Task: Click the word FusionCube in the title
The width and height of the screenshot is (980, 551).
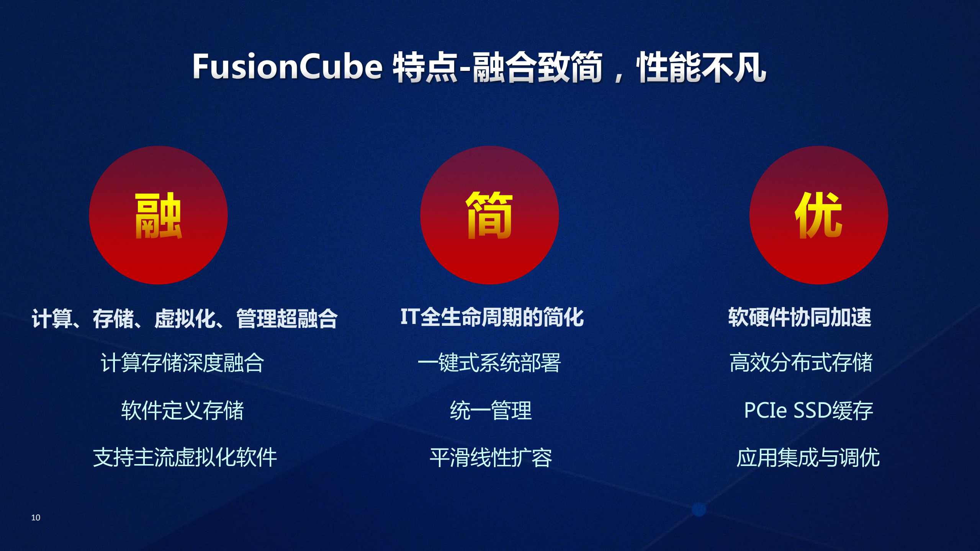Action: [x=287, y=67]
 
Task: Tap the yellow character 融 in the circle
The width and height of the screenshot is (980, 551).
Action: [x=158, y=216]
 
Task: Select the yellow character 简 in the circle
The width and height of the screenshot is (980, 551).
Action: [x=489, y=216]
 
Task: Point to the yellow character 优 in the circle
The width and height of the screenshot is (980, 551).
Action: [x=818, y=216]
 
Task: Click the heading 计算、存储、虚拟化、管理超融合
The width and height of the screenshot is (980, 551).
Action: [x=184, y=318]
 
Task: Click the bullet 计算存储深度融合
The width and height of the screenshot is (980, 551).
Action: [x=182, y=363]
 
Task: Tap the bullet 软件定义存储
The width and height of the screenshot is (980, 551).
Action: [x=182, y=410]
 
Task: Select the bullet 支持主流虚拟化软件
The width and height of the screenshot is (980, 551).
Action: [x=185, y=457]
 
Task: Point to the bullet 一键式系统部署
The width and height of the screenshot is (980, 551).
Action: [x=489, y=363]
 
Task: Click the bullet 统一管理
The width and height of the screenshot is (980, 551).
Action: [x=491, y=410]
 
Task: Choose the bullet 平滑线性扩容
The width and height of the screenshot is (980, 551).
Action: [x=491, y=457]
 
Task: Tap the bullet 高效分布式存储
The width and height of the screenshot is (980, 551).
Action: [x=801, y=363]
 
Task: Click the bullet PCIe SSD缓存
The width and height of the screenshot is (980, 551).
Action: [x=808, y=410]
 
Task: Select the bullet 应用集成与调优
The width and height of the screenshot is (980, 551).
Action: [x=808, y=457]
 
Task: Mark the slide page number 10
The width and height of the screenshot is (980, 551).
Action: [x=36, y=518]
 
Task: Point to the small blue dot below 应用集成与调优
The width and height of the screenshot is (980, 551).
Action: [x=699, y=509]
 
